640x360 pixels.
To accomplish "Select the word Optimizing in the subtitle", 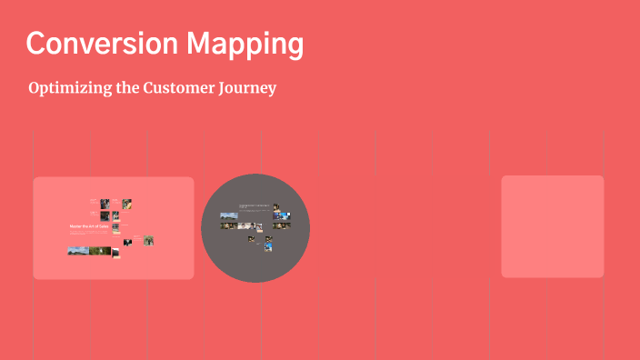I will point(72,89).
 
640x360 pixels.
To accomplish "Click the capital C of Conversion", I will point(36,44).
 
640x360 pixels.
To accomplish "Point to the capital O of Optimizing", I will point(35,89).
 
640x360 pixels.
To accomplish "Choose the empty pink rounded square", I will point(553,226).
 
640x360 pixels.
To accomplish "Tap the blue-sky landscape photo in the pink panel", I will point(77,251).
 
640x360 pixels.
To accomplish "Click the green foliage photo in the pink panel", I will point(100,251).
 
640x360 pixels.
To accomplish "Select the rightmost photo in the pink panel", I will point(148,241).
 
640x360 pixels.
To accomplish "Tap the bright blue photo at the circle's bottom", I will point(268,246).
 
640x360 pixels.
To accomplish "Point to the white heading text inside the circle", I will point(255,206).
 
